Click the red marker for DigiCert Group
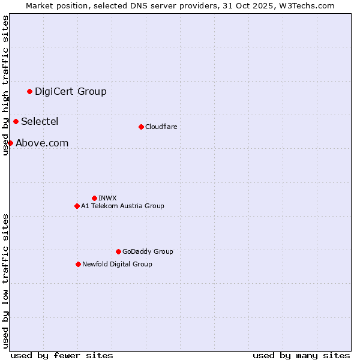click(29, 91)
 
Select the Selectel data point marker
click(16, 121)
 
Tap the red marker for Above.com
click(10, 143)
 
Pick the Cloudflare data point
click(141, 127)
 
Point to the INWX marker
click(94, 198)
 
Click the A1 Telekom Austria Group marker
click(77, 206)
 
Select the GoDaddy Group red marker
click(118, 251)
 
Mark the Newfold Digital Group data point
click(78, 264)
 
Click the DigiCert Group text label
click(71, 91)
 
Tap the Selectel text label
click(40, 121)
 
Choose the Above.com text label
click(42, 143)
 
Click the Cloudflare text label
click(161, 127)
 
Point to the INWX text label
click(107, 198)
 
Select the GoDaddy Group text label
click(148, 251)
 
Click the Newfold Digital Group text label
click(117, 264)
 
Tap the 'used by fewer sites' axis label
click(62, 355)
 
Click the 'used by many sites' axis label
click(301, 355)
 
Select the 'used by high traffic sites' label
click(6, 85)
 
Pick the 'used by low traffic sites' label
click(6, 280)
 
